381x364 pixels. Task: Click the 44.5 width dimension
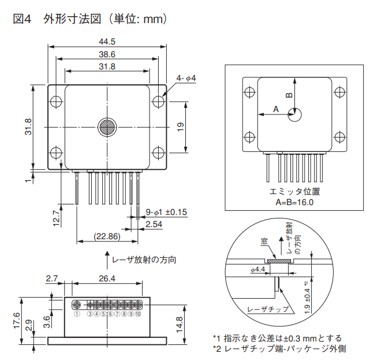click(107, 42)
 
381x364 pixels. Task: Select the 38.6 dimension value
click(107, 54)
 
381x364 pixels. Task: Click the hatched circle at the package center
click(107, 127)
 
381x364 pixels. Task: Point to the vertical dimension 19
click(180, 128)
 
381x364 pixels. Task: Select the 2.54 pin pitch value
click(154, 224)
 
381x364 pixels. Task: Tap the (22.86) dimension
click(107, 236)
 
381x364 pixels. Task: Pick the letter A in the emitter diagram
click(275, 108)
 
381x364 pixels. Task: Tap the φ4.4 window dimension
click(257, 269)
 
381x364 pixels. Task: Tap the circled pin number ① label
click(76, 314)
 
